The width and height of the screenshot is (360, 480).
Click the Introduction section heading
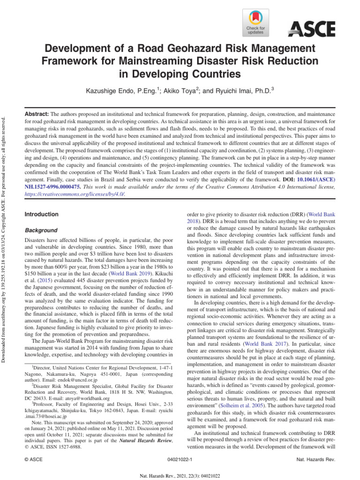(41, 214)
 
